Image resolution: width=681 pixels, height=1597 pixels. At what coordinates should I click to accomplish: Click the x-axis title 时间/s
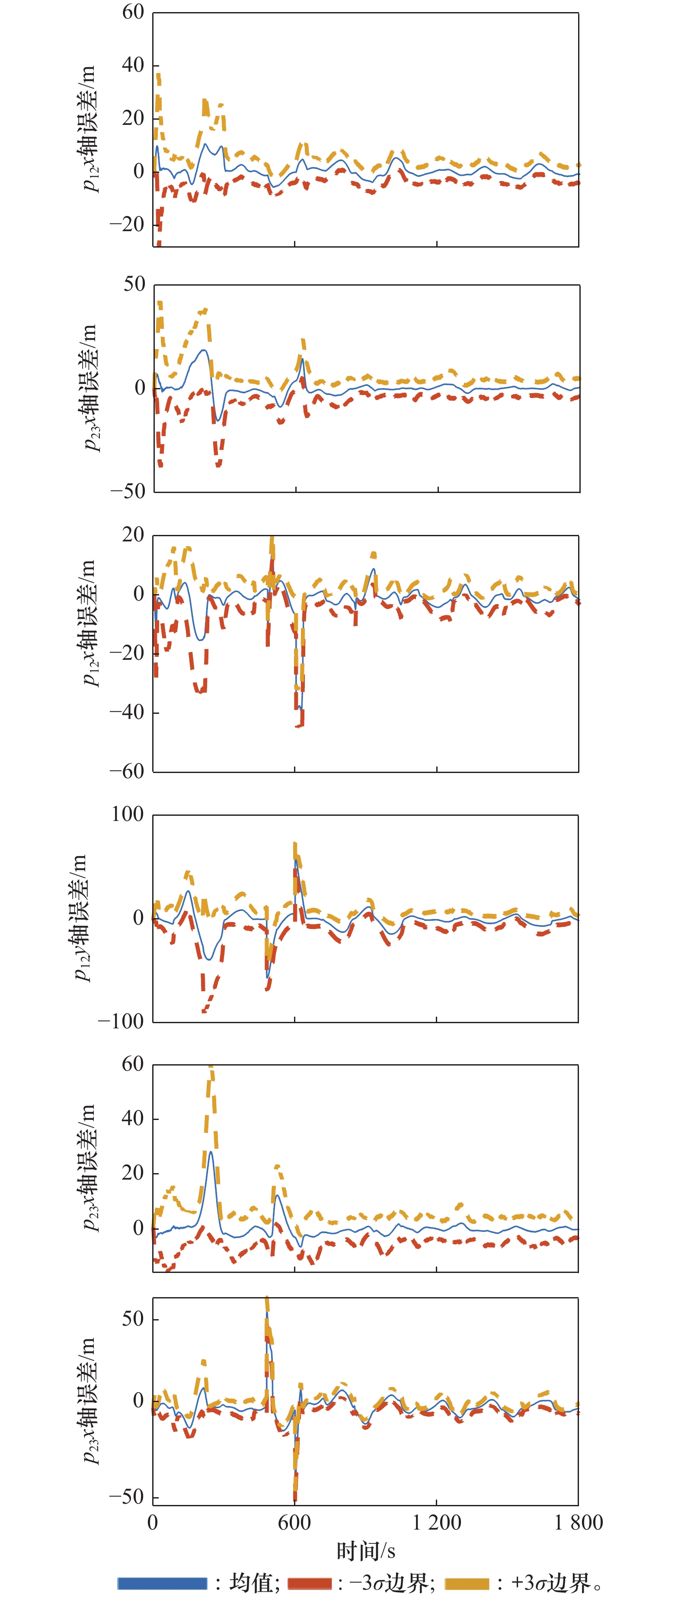(x=365, y=1552)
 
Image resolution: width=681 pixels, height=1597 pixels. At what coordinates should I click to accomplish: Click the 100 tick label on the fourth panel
(x=127, y=814)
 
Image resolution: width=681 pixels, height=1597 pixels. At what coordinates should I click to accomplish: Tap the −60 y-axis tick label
(x=127, y=771)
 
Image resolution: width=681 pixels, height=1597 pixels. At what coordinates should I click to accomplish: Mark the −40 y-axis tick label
(x=127, y=713)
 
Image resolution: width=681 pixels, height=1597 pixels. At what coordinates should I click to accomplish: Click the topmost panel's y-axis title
(x=90, y=129)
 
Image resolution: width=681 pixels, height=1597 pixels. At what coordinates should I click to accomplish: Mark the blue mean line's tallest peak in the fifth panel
(x=211, y=1152)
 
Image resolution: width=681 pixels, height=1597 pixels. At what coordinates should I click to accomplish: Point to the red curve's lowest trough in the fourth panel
(x=205, y=1011)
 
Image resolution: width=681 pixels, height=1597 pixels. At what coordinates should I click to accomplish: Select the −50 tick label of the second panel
(x=128, y=491)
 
